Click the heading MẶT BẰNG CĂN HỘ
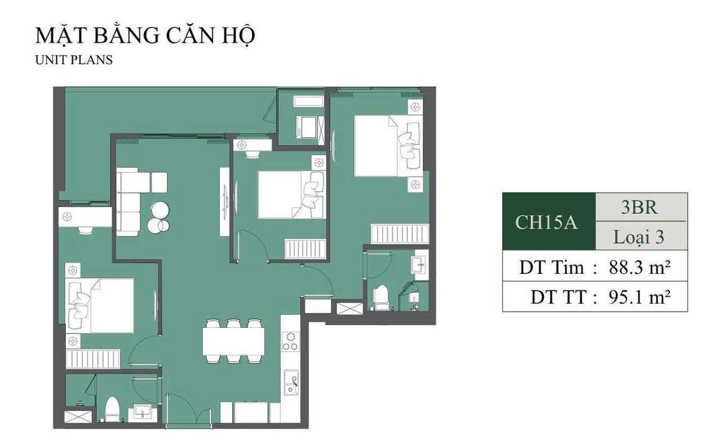tap(145, 35)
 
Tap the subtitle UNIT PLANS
tap(74, 61)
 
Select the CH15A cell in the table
tap(547, 222)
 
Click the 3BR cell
tap(639, 207)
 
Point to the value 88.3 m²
tap(637, 268)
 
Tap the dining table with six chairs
tap(233, 341)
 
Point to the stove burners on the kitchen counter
tap(290, 342)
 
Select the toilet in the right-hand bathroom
tap(381, 296)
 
